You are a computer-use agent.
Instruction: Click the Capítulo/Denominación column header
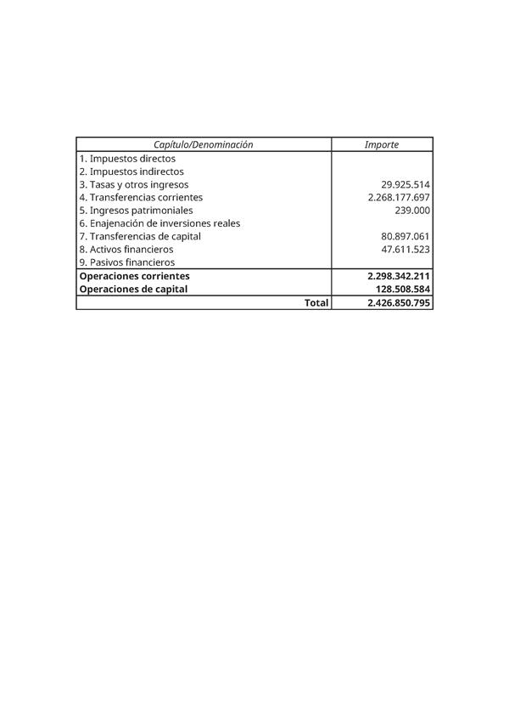[x=203, y=144]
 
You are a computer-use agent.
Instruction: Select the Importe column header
[x=381, y=144]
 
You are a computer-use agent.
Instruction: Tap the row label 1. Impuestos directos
[x=127, y=158]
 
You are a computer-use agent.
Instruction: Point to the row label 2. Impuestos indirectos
[x=131, y=172]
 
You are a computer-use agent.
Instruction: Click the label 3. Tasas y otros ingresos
[x=134, y=184]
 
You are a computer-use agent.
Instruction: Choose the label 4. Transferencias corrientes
[x=141, y=197]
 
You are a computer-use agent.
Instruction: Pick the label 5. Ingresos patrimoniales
[x=136, y=210]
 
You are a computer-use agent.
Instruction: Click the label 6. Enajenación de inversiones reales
[x=159, y=223]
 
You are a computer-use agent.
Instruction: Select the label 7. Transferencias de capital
[x=140, y=236]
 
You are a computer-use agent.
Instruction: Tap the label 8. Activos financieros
[x=126, y=250]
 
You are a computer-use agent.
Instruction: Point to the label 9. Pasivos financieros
[x=127, y=262]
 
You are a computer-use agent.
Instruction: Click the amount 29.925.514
[x=406, y=184]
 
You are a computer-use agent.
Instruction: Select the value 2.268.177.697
[x=399, y=197]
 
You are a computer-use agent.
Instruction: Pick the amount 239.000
[x=412, y=210]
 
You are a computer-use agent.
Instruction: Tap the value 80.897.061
[x=406, y=236]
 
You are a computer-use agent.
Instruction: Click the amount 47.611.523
[x=406, y=250]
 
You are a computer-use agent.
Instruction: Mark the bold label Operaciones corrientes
[x=134, y=276]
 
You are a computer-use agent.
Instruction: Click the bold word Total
[x=316, y=302]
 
